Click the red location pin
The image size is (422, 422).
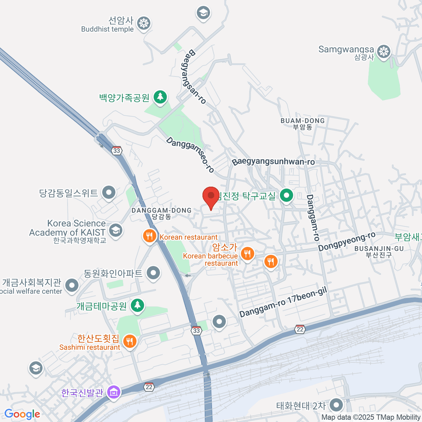pos(211,196)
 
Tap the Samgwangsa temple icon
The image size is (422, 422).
pos(384,52)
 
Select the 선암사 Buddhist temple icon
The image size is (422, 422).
pos(143,24)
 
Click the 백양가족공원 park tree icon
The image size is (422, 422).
pos(160,97)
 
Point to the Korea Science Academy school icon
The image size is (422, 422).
pos(115,230)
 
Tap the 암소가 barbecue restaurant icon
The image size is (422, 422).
pos(248,253)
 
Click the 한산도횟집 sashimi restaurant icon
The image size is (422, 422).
pos(130,341)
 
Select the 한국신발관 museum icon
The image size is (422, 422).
pos(114,392)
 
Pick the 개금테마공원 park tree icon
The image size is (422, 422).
pos(137,305)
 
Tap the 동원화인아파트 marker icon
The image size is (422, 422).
pos(153,273)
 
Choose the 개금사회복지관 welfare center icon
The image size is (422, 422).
pos(72,285)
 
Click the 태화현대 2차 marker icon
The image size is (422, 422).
pos(337,405)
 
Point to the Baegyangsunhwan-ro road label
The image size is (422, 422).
pos(273,162)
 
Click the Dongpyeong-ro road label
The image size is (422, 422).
pos(347,242)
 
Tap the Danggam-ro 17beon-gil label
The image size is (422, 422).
pos(283,302)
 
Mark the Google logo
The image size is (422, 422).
pos(22,414)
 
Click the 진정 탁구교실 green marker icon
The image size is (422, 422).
pos(287,196)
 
